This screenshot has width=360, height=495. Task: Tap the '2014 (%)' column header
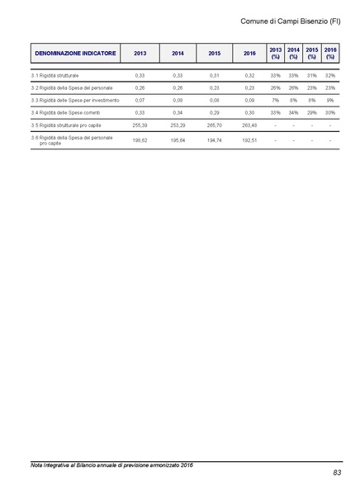coord(293,53)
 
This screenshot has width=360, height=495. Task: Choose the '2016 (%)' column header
coord(330,53)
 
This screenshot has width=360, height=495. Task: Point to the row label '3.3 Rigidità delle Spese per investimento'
coord(75,100)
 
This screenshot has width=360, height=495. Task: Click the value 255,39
coord(140,125)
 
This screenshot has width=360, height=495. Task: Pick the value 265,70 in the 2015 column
coord(214,125)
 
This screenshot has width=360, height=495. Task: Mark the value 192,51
coord(249,140)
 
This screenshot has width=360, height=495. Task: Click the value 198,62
coord(140,140)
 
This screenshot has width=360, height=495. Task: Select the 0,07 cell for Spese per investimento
coord(140,100)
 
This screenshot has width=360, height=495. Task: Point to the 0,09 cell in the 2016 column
coord(249,100)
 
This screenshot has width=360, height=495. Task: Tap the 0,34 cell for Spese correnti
coord(178,112)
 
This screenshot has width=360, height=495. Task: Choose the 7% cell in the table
coord(276,100)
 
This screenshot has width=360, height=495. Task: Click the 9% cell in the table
coord(330,100)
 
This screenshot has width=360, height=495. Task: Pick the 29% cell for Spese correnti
coord(312,112)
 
